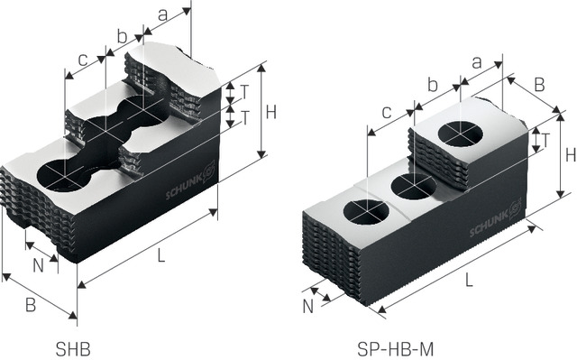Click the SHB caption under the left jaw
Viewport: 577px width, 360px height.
(x=73, y=348)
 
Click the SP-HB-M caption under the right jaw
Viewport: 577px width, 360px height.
(x=395, y=348)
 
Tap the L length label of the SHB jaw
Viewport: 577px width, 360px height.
(x=160, y=255)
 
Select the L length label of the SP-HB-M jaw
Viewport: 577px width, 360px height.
(x=469, y=281)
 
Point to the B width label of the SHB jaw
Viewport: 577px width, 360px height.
(x=31, y=306)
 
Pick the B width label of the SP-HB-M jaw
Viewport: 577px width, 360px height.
(x=539, y=85)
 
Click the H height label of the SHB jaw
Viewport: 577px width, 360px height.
(x=270, y=112)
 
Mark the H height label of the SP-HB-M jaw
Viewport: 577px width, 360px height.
(x=571, y=155)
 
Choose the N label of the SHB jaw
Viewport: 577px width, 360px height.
(x=38, y=266)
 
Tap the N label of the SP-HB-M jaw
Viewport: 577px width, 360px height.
(x=308, y=307)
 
